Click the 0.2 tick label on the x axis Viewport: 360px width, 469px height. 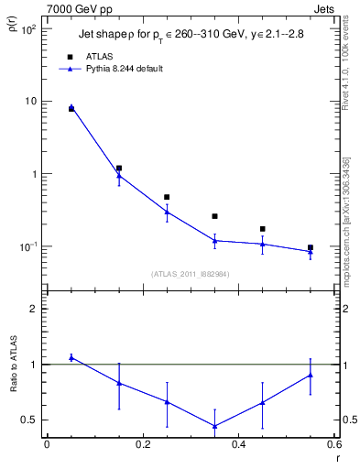(x=142, y=447)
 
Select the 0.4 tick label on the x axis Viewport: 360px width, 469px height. (x=238, y=447)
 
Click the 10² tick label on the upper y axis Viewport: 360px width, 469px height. (x=27, y=29)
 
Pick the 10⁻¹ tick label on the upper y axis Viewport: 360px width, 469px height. (x=27, y=246)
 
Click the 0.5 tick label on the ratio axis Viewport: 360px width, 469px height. (x=28, y=420)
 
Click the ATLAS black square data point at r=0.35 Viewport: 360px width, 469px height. (x=214, y=216)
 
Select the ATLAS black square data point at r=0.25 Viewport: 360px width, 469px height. (x=167, y=197)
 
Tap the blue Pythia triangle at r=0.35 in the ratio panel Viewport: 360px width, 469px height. (x=214, y=426)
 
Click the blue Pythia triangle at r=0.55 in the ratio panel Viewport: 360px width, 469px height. (x=311, y=375)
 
